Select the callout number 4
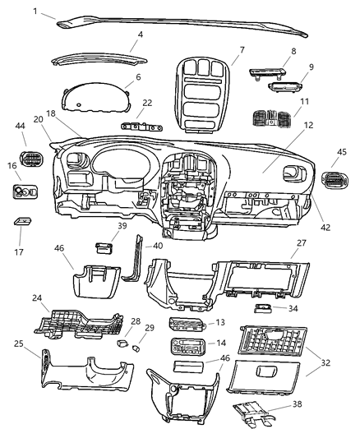141,35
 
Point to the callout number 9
311,67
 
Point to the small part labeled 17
22,222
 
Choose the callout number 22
148,103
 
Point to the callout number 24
37,299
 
